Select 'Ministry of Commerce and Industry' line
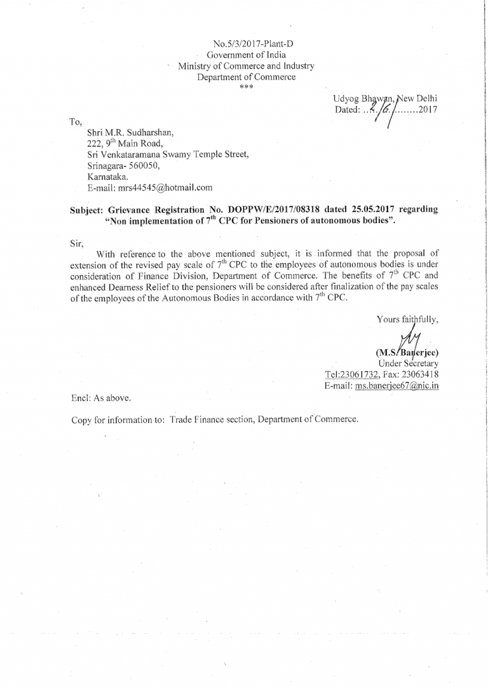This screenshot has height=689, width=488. (246, 66)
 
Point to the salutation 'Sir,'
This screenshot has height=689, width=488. (76, 242)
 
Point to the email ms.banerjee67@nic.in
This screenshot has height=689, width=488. (397, 386)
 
